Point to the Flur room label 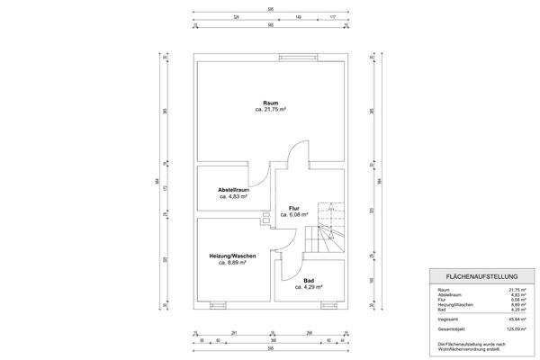[293, 208]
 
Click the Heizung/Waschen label [232, 256]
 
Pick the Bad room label [309, 280]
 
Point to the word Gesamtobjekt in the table [449, 328]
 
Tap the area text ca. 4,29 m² [309, 287]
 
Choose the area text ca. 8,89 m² [232, 264]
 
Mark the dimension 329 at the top [236, 17]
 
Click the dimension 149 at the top [298, 17]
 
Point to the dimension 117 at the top [332, 17]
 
